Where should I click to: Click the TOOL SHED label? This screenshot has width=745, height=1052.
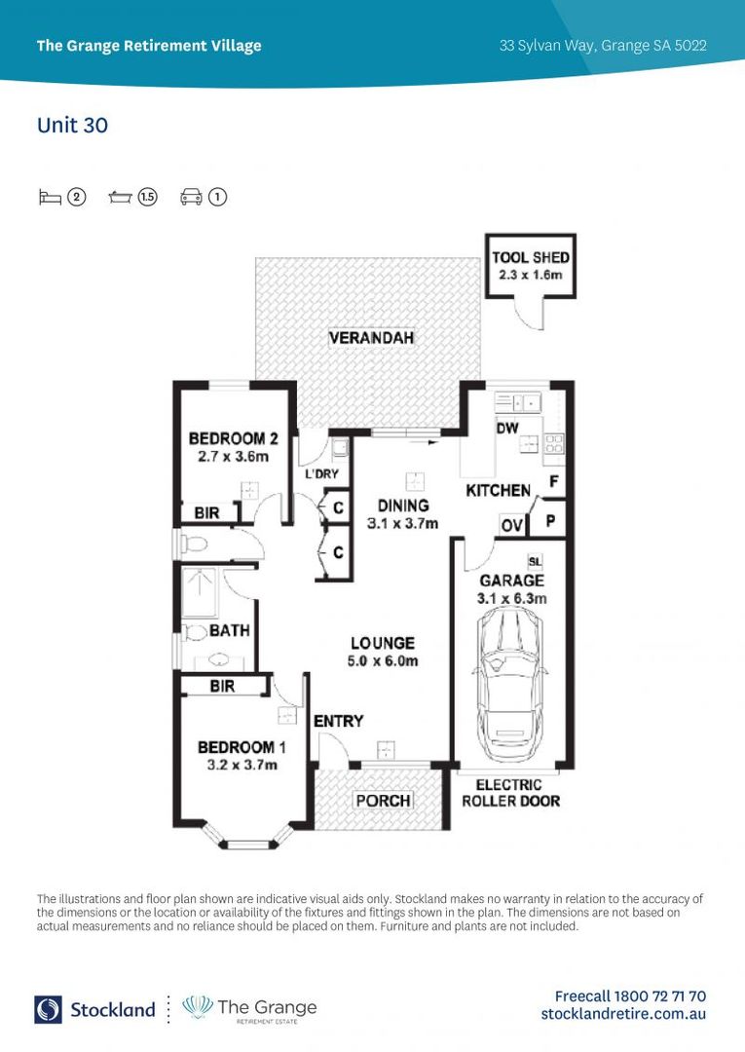[531, 257]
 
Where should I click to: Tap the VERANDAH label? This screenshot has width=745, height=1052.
[371, 338]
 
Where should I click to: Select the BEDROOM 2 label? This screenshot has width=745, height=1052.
[227, 438]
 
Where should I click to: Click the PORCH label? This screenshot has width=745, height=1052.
[382, 801]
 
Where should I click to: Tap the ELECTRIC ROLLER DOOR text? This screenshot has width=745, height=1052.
[510, 793]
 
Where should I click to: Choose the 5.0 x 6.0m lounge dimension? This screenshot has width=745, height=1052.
[384, 661]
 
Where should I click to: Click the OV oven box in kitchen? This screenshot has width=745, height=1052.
[512, 526]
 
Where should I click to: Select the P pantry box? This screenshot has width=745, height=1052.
[550, 520]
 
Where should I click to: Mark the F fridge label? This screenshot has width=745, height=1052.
[553, 481]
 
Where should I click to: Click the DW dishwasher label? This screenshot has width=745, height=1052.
[506, 428]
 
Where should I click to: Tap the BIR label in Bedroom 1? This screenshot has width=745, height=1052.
[222, 687]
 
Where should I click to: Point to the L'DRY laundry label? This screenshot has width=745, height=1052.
[321, 474]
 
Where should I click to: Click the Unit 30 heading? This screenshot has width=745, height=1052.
[72, 126]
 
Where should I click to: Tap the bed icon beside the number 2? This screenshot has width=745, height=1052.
[50, 197]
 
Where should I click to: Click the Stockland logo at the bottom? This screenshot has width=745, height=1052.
[94, 1009]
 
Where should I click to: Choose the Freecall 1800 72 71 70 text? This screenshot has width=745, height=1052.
[630, 996]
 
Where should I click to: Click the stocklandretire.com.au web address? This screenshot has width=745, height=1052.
[623, 1014]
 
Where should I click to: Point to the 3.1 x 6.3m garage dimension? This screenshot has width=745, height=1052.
[512, 598]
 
